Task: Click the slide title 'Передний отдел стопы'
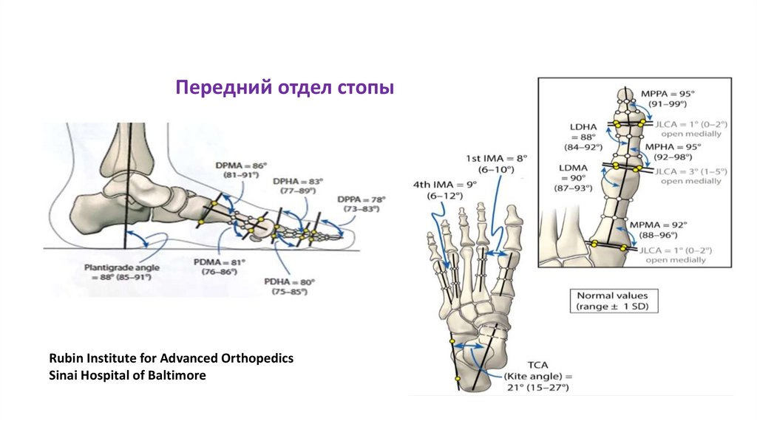click(x=285, y=89)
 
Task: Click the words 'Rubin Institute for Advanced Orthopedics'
click(x=172, y=358)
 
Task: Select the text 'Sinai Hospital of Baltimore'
click(x=127, y=375)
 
